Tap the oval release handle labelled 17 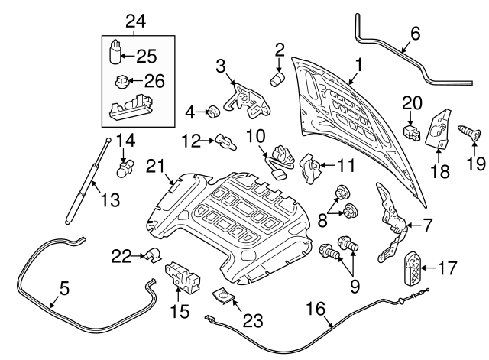(413, 268)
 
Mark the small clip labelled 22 (150, 256)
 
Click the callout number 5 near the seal (64, 289)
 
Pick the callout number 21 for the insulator (157, 164)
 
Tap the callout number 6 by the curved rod (415, 34)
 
